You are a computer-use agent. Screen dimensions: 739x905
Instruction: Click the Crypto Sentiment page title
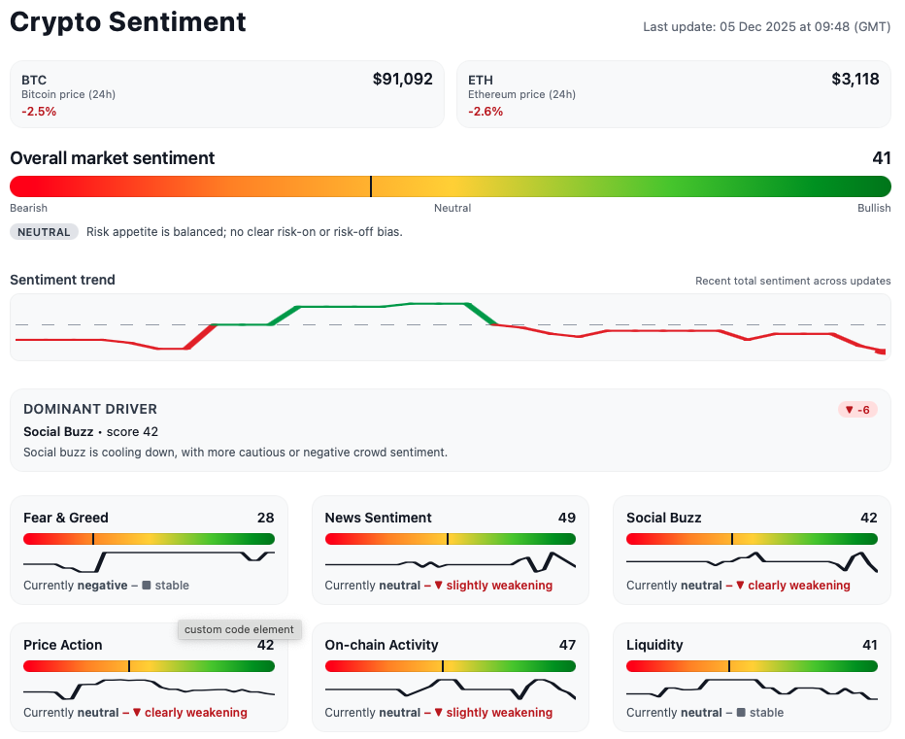[128, 22]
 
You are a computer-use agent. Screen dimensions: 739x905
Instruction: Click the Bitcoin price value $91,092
[402, 80]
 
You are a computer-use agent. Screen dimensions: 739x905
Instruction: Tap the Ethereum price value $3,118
[855, 80]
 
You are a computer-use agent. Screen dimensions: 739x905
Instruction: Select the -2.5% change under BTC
[39, 112]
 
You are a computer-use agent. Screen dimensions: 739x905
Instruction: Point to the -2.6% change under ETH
[486, 112]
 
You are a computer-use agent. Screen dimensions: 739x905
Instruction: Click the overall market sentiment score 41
[881, 158]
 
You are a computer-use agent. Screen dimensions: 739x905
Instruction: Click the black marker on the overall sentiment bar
[370, 186]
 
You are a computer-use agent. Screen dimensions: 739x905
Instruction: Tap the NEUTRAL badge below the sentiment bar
[44, 232]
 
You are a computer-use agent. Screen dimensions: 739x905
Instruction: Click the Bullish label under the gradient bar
[873, 208]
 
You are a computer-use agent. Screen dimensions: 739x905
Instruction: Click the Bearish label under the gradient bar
[28, 208]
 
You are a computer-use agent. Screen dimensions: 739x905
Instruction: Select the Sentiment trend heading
[62, 280]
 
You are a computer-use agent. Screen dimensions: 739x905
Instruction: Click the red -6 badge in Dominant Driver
[856, 410]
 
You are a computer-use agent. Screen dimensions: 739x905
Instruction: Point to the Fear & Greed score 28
[265, 518]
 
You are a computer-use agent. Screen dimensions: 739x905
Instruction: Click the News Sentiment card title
[378, 518]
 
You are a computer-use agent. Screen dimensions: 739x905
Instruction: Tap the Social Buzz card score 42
[868, 518]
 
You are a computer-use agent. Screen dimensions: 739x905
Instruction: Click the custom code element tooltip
[239, 629]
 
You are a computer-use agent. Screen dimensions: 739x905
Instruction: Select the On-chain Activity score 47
[567, 645]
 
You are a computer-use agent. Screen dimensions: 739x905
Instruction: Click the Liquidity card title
[654, 645]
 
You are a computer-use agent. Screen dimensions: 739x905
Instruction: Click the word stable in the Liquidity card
[765, 713]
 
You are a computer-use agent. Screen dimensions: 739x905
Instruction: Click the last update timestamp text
[766, 27]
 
